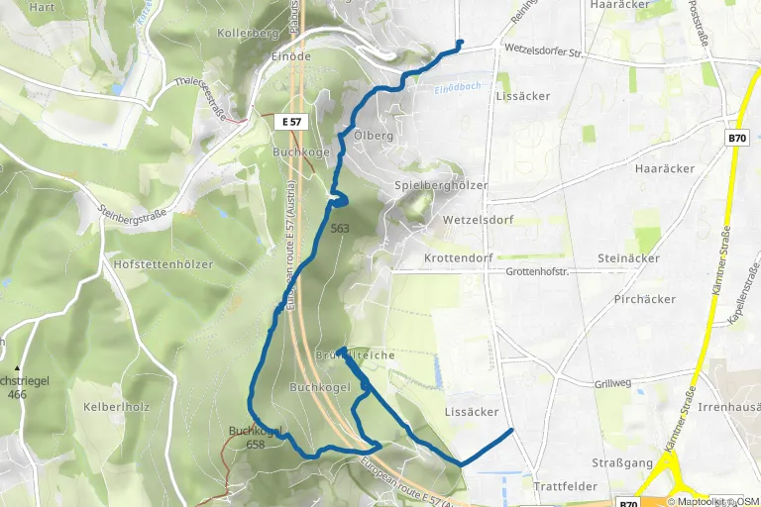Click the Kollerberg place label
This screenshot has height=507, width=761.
248,33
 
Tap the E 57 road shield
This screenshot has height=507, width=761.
291,121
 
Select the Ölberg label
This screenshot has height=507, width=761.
373,136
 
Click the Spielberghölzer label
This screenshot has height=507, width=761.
441,185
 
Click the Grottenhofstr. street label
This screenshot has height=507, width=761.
540,270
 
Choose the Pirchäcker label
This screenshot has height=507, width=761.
644,298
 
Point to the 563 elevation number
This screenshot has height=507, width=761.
341,228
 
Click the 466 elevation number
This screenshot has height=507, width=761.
18,394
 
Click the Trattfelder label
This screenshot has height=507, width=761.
565,487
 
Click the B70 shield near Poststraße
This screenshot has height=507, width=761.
736,139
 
